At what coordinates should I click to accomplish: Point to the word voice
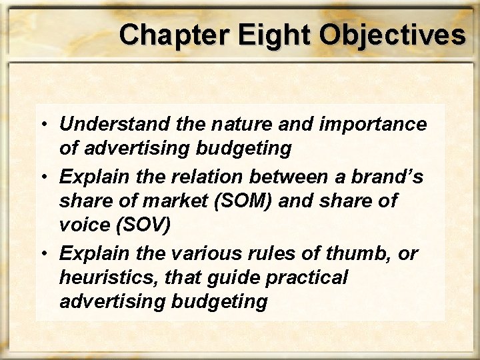pos(83,225)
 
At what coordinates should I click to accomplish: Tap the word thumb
pos(379,254)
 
